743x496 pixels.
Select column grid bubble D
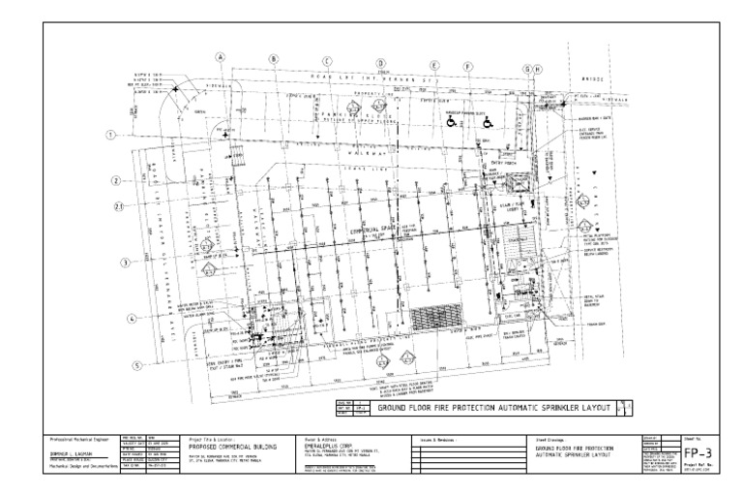(x=381, y=62)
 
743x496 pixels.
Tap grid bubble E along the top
(x=435, y=65)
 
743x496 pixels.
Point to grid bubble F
(x=468, y=67)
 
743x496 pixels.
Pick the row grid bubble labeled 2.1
(x=117, y=206)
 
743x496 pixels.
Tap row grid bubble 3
(x=124, y=263)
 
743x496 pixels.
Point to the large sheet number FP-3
(x=693, y=452)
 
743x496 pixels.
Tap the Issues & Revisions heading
(x=440, y=439)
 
